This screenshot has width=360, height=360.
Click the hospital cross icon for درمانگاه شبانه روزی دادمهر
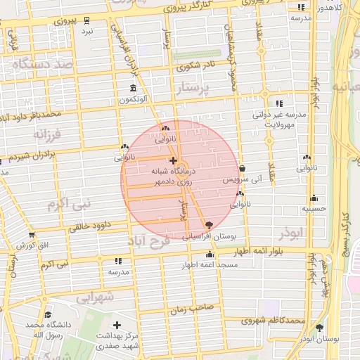(173, 161)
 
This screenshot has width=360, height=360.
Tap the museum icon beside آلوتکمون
(133, 88)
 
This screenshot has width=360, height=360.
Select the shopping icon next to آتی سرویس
(243, 169)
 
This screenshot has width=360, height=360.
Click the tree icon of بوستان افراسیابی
(208, 225)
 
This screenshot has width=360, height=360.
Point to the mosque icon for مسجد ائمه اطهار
(209, 255)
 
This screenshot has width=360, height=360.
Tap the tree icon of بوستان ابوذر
(320, 328)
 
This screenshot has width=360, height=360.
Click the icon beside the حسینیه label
(314, 198)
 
